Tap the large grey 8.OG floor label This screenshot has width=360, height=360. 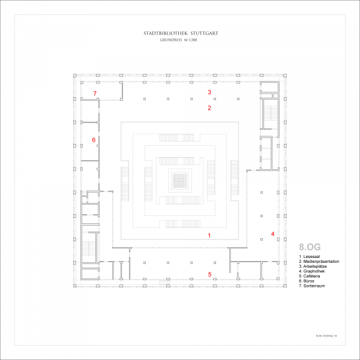coord(310,246)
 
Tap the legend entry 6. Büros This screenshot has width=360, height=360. coord(309,281)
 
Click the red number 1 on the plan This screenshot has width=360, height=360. coord(209,236)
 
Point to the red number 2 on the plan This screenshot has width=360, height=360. coord(209,109)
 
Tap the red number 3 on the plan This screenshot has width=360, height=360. coord(209,92)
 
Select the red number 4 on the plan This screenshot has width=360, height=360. coord(272,234)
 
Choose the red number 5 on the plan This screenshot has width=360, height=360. coord(209,275)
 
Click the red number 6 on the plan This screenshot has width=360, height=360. coord(94,140)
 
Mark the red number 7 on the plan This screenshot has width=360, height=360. coord(95,93)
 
